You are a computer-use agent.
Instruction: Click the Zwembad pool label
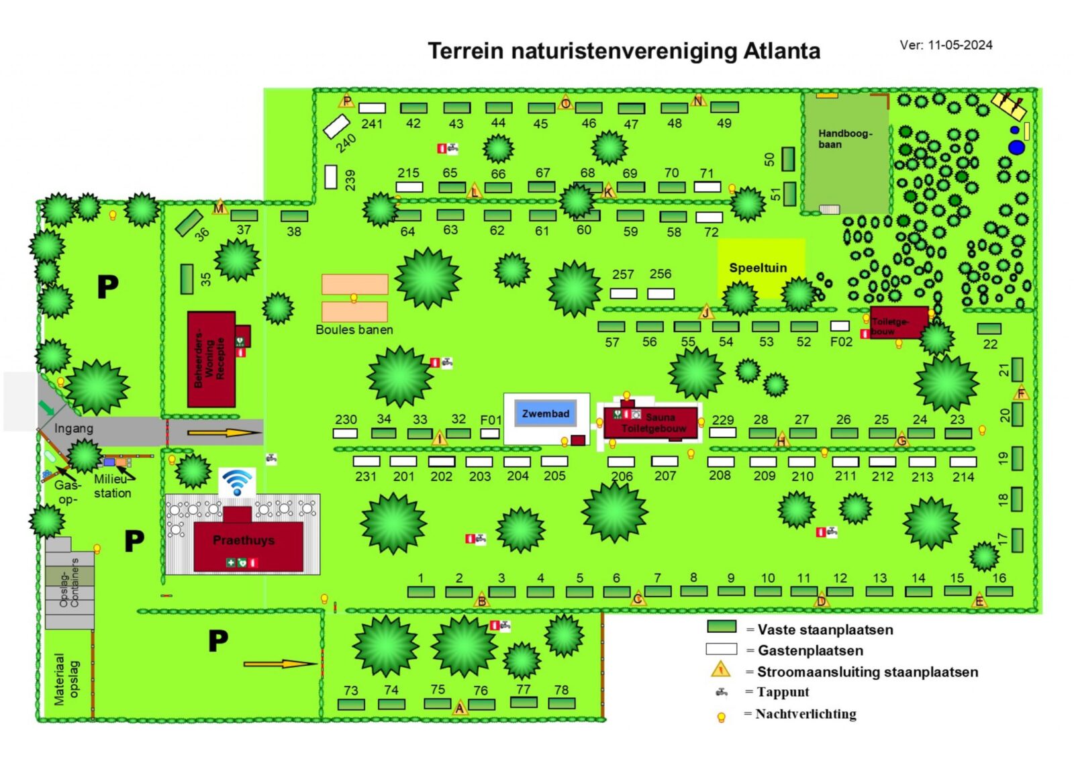point(545,413)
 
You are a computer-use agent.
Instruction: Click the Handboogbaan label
point(844,138)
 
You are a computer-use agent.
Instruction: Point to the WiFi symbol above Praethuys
point(238,482)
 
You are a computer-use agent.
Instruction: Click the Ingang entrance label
point(74,428)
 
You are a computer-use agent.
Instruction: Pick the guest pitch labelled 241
point(372,108)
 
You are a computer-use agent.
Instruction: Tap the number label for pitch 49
point(724,123)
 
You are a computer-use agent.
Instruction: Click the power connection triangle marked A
point(460,708)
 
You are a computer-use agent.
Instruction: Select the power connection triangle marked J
point(706,312)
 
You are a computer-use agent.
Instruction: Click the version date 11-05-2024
point(960,45)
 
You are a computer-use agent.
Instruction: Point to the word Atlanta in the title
point(781,51)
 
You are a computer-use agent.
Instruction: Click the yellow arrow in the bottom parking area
point(279,664)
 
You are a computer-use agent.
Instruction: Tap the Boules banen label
point(354,330)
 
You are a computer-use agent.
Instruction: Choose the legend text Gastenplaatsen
point(810,650)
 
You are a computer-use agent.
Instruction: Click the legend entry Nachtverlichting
point(805,713)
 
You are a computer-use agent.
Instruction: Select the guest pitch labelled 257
point(623,293)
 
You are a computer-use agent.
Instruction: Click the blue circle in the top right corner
point(1017,147)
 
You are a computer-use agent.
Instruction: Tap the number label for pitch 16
point(999,578)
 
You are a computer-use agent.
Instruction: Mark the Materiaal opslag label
point(66,679)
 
